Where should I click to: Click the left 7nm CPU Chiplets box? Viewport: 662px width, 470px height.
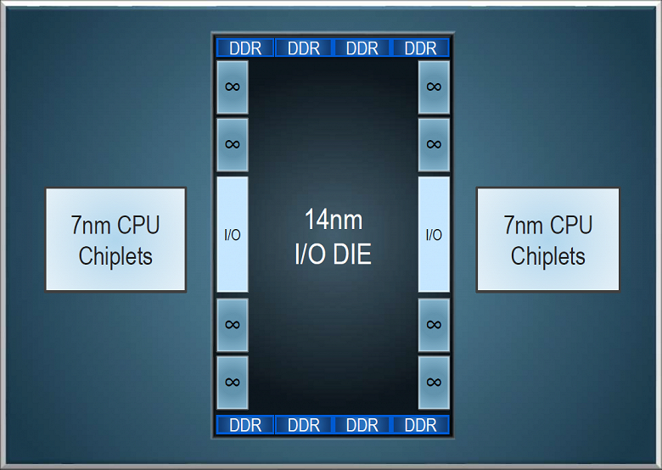pos(115,239)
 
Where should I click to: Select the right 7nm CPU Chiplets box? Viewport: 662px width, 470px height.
pos(548,239)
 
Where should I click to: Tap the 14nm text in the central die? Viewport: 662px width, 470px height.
pos(334,220)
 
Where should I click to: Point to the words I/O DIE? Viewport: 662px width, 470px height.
pos(333,254)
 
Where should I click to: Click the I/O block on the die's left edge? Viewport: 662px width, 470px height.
pos(233,234)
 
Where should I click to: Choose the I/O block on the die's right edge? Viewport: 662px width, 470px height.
pos(434,234)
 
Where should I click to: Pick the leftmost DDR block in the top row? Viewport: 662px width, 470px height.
pos(245,48)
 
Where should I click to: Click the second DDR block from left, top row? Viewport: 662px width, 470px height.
pos(304,48)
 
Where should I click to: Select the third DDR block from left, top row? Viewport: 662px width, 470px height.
pos(362,48)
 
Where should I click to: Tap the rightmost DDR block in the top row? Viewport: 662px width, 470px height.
pos(420,48)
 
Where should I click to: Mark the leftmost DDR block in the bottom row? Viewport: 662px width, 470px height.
pos(245,425)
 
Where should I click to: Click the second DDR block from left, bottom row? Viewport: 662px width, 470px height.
pos(304,425)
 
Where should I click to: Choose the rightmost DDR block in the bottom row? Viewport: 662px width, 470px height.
pos(420,425)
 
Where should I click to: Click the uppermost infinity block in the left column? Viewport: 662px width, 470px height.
pos(233,87)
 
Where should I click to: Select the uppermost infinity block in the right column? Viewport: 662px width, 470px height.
pos(434,87)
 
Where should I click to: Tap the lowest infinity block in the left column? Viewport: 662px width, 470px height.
pos(233,383)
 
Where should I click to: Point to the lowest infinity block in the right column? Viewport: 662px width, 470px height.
pos(434,383)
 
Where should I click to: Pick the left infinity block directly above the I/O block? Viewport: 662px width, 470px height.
pos(233,145)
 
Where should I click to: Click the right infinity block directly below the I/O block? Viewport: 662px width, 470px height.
pos(434,325)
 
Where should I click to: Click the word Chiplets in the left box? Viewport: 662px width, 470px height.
pos(115,256)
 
